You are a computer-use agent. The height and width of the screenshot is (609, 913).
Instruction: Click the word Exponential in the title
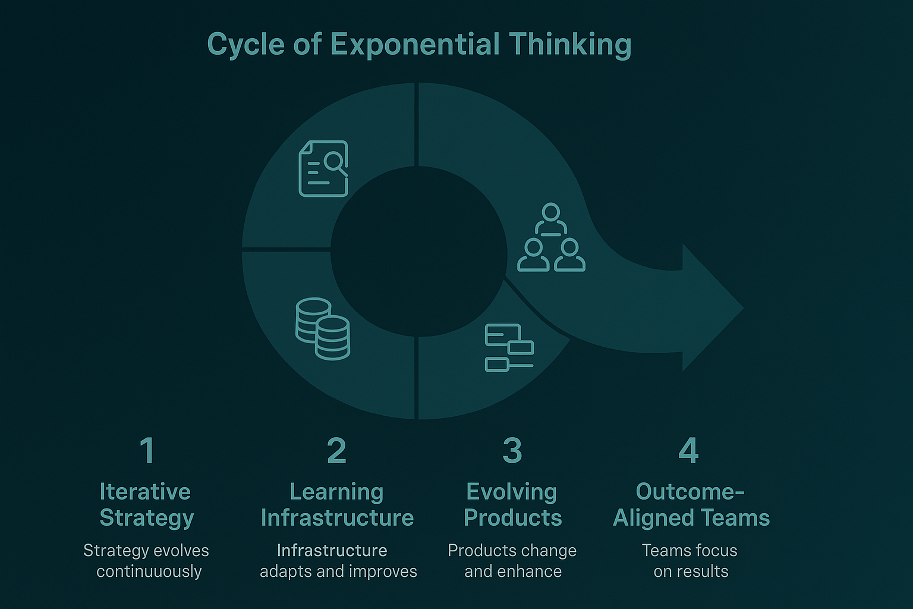tap(414, 45)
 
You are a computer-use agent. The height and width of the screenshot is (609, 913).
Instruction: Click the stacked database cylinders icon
tap(323, 328)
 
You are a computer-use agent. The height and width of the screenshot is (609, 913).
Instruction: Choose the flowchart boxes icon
tap(509, 347)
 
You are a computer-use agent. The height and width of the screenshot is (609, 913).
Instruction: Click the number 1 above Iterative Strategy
tap(147, 450)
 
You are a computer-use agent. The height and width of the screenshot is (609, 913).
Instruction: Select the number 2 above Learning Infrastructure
tap(336, 450)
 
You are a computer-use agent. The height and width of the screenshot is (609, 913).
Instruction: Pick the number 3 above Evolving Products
tap(512, 450)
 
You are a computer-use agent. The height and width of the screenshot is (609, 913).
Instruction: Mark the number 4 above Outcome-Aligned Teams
tap(689, 450)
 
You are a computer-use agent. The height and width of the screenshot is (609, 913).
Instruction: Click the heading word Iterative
tap(146, 492)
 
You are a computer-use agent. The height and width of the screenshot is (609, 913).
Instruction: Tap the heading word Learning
tap(336, 492)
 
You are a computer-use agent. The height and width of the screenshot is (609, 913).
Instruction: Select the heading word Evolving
tap(512, 492)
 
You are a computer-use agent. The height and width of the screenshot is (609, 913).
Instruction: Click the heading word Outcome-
tap(690, 492)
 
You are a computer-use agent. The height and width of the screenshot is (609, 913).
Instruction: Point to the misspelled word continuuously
tap(149, 572)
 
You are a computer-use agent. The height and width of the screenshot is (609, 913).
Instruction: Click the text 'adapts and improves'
tap(338, 572)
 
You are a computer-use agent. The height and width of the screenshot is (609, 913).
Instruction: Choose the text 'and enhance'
tap(513, 572)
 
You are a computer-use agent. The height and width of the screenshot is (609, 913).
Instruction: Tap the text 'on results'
tap(691, 572)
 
